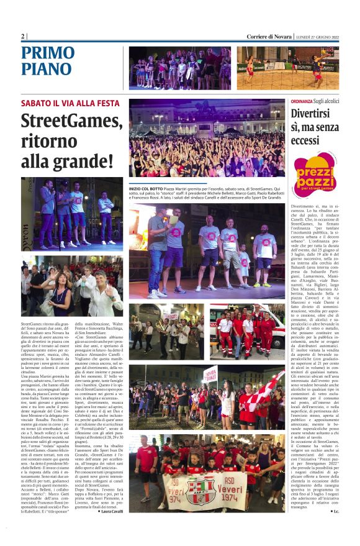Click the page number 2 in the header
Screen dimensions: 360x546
(x=23, y=37)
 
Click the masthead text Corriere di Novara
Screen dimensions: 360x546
(x=269, y=37)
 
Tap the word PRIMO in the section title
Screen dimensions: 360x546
(x=48, y=53)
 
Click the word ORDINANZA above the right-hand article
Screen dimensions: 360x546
(x=302, y=101)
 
